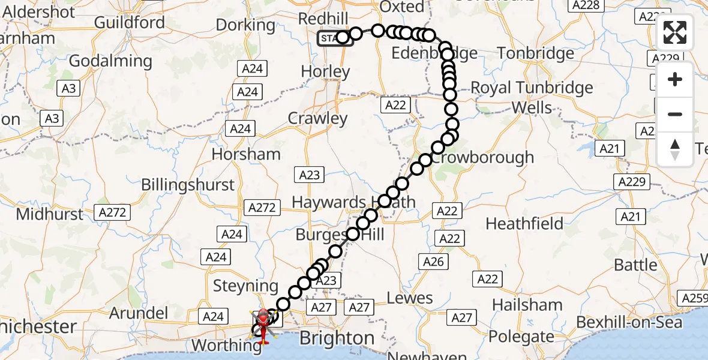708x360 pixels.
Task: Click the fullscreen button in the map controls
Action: click(675, 32)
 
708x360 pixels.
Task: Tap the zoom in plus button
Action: click(675, 79)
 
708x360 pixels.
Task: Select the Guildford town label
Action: click(130, 23)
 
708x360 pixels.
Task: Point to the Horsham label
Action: click(246, 154)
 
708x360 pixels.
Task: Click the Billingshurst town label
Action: click(188, 184)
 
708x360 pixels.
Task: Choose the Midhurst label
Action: click(50, 214)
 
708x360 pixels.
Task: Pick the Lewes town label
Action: click(410, 298)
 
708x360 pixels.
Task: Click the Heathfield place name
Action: click(524, 224)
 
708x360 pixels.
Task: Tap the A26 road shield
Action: click(433, 261)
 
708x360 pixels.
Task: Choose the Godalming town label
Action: click(110, 61)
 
